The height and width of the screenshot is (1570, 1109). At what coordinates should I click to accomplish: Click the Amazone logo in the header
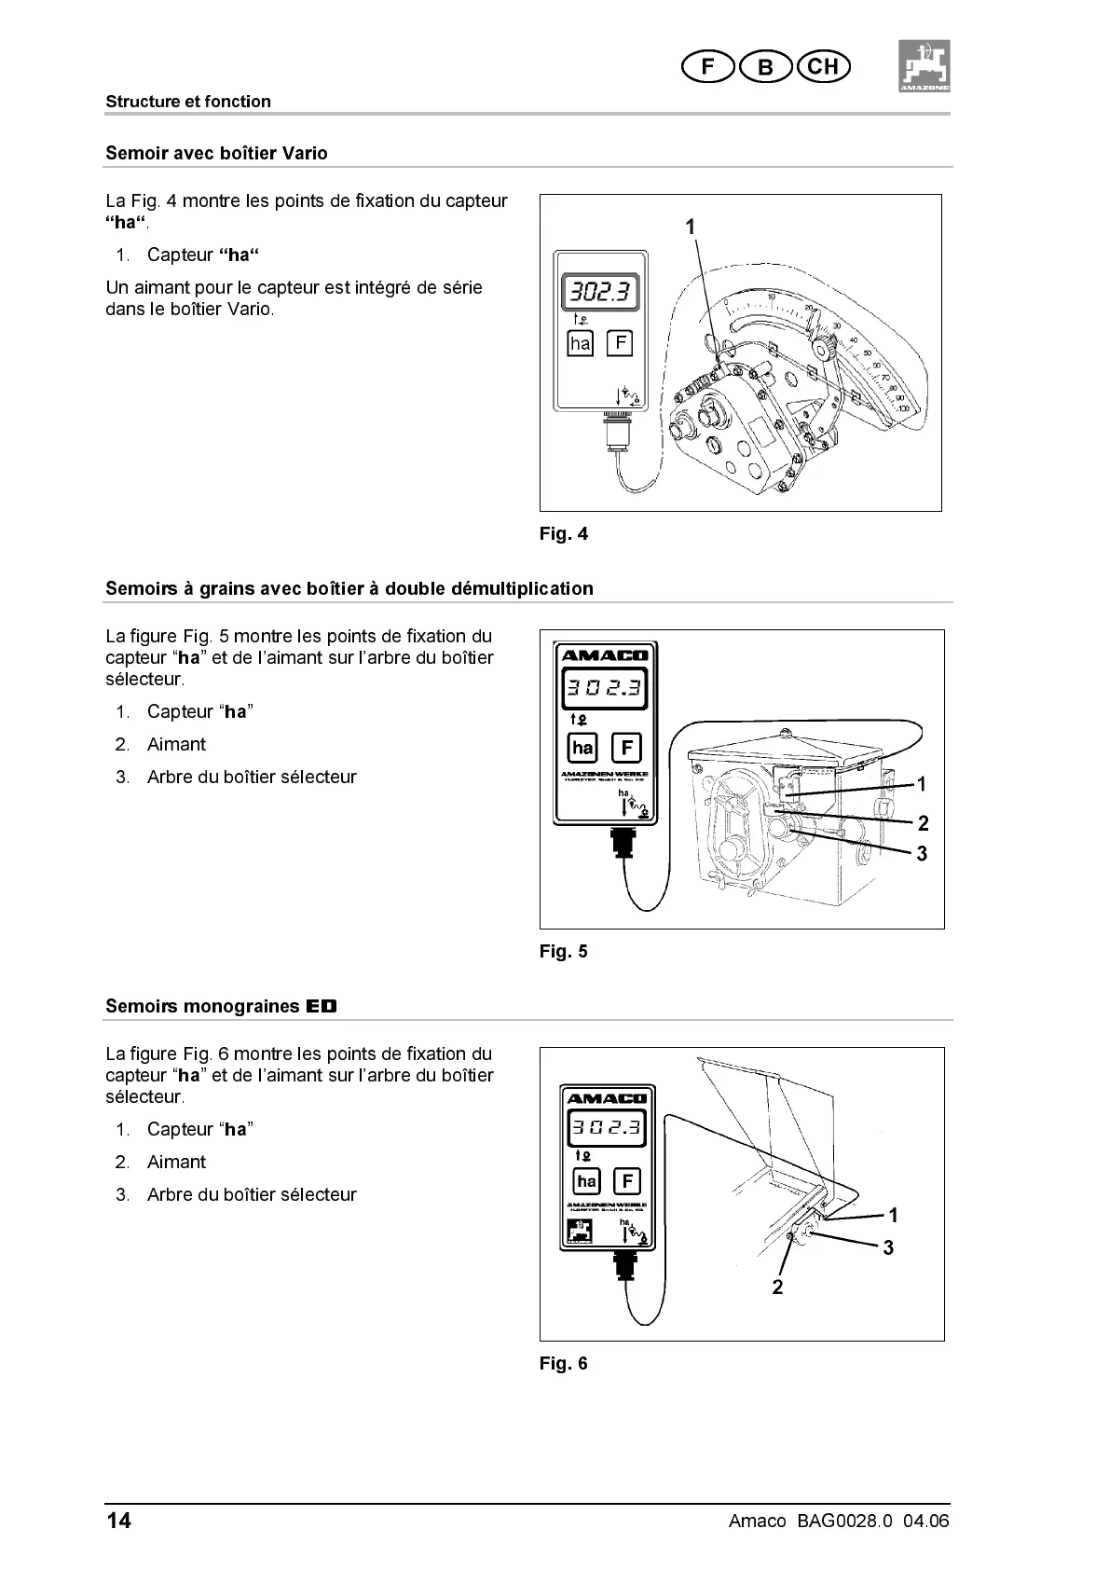[924, 65]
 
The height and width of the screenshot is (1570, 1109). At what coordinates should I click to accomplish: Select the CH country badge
[823, 66]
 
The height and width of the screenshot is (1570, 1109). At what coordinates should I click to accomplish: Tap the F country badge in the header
[707, 66]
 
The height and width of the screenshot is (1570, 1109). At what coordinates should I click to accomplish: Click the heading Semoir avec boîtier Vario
[216, 153]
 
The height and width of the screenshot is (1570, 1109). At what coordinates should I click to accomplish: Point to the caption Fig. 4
[564, 534]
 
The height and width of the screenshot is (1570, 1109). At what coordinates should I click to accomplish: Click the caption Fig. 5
[564, 952]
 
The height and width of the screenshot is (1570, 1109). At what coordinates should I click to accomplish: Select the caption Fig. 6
[564, 1363]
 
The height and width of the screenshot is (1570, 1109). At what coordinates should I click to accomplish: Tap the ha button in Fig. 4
[580, 343]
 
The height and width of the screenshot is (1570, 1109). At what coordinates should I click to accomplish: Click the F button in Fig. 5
[626, 748]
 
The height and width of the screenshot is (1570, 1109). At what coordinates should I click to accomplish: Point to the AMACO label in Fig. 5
[604, 654]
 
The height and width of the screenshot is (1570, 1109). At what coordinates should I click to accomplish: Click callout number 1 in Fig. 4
[690, 227]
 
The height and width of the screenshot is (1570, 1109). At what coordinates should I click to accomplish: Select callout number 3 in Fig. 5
[922, 853]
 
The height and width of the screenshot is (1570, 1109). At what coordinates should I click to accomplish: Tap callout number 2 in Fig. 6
[777, 1288]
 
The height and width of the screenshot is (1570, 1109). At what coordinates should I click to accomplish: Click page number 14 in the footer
[118, 1521]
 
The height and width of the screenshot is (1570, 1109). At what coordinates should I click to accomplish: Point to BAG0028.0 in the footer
[844, 1521]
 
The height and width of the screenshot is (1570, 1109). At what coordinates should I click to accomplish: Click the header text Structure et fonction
[188, 102]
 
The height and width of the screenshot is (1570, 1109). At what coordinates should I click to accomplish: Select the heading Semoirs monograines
[221, 1006]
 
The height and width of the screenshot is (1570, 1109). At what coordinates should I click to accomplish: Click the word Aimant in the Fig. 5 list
[176, 744]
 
